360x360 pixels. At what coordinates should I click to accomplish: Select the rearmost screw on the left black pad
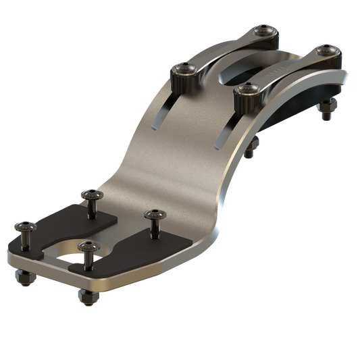[91, 196]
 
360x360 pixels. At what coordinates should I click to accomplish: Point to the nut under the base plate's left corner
[22, 278]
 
